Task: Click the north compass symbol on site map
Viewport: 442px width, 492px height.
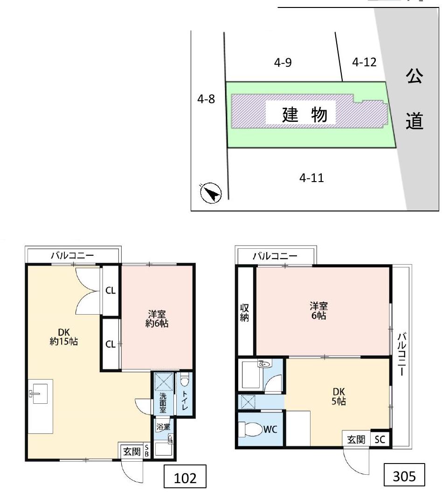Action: pyautogui.click(x=210, y=192)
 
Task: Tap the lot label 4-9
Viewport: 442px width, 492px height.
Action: pyautogui.click(x=283, y=63)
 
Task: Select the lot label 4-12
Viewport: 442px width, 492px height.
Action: pyautogui.click(x=364, y=62)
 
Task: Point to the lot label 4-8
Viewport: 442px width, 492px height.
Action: pyautogui.click(x=206, y=99)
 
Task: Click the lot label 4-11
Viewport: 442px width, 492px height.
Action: pyautogui.click(x=311, y=178)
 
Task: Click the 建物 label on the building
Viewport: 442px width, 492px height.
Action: pyautogui.click(x=304, y=115)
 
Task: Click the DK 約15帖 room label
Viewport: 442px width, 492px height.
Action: pyautogui.click(x=64, y=337)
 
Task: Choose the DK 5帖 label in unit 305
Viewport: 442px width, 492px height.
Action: pyautogui.click(x=338, y=396)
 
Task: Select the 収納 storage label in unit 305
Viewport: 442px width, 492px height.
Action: pyautogui.click(x=244, y=313)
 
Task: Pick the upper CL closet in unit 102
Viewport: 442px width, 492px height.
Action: pyautogui.click(x=110, y=290)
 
